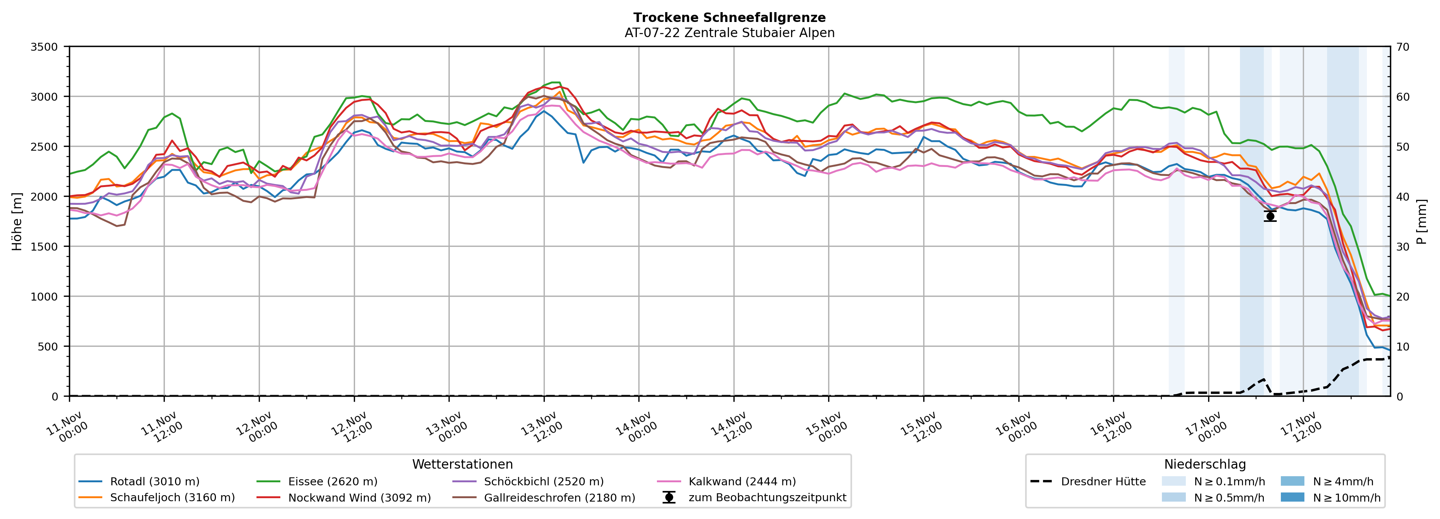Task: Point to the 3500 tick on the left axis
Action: point(44,47)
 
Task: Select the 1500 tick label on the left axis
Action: point(44,246)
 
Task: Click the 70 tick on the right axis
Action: point(1402,47)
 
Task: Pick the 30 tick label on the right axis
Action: point(1402,246)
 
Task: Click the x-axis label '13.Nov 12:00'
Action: point(541,427)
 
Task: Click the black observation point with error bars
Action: point(1270,216)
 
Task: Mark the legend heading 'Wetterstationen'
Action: point(462,464)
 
